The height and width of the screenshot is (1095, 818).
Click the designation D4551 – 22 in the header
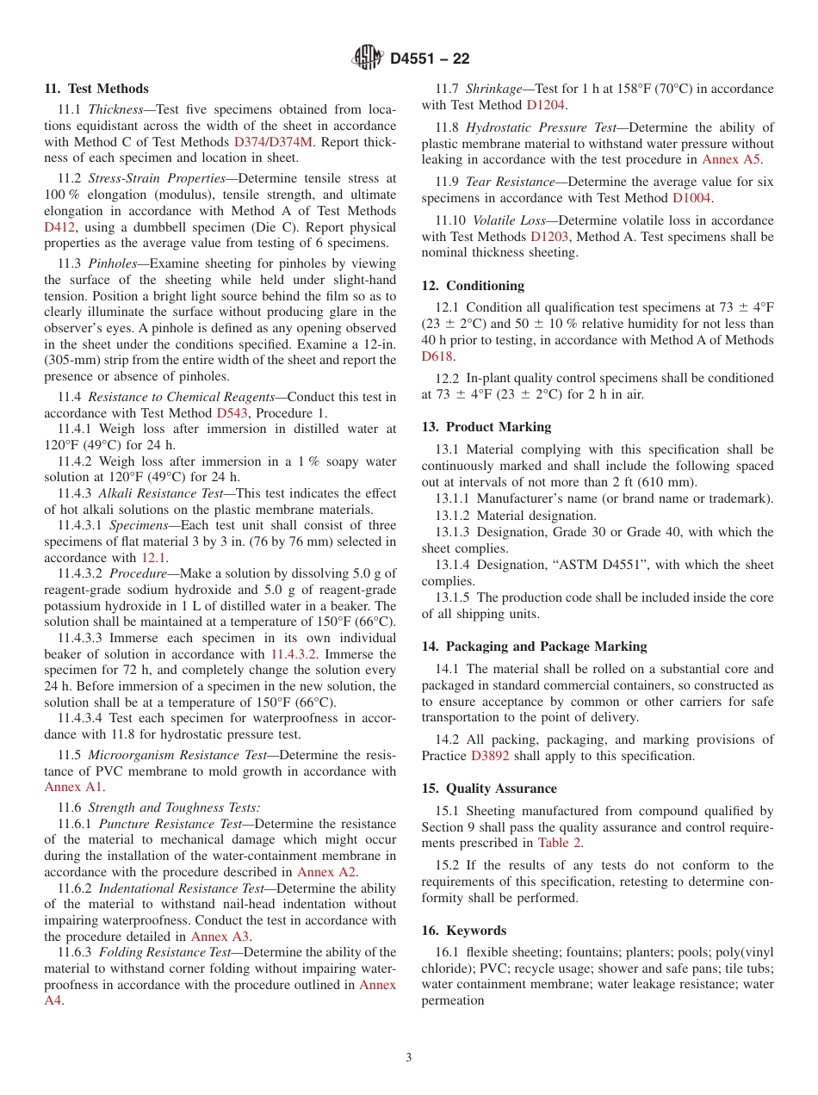tap(430, 59)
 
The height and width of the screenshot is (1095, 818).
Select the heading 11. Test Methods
tap(96, 89)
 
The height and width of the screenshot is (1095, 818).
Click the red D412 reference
tap(59, 227)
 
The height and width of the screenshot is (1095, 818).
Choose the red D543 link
tap(232, 413)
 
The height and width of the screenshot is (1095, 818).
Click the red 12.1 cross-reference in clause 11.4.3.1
tap(154, 558)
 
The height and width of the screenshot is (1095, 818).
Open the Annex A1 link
tap(73, 787)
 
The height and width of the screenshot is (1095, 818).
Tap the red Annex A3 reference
tap(220, 937)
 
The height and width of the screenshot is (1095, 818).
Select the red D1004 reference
tap(692, 198)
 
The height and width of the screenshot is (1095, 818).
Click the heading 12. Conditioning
tap(473, 286)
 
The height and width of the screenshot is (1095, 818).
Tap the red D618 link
tap(437, 356)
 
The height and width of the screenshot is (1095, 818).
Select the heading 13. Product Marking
tap(486, 427)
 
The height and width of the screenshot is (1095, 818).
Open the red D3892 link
tap(490, 756)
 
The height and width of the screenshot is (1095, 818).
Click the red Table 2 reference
tap(560, 843)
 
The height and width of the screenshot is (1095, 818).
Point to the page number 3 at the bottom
tap(409, 1058)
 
